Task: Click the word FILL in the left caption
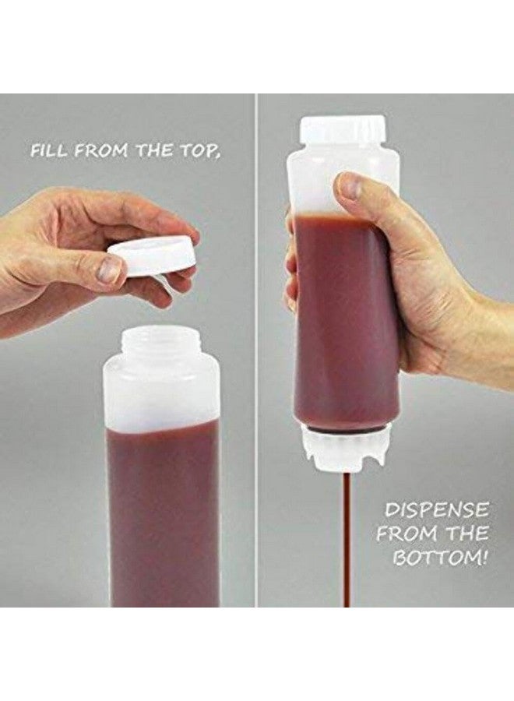47,150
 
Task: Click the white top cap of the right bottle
343,130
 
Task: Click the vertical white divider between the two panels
256,350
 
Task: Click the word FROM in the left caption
104,150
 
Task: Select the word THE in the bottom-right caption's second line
470,534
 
